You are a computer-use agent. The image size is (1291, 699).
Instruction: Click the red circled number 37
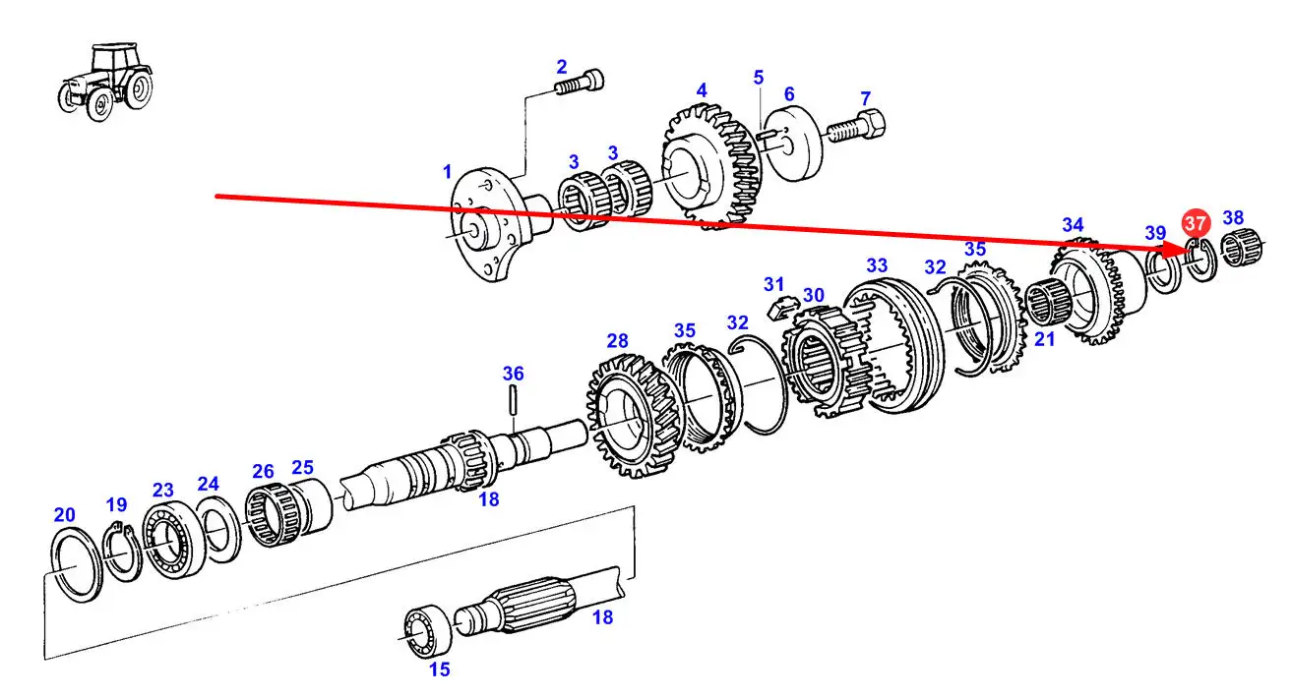click(x=1195, y=223)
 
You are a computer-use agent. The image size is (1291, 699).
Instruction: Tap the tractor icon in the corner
click(x=105, y=82)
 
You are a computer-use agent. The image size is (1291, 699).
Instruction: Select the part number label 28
click(x=617, y=341)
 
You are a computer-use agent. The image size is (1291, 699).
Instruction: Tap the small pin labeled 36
click(x=513, y=399)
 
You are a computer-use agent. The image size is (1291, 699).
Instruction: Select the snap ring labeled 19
click(x=122, y=550)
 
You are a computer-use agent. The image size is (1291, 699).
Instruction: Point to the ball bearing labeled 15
click(x=427, y=631)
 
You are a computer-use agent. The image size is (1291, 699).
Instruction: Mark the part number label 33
click(x=877, y=265)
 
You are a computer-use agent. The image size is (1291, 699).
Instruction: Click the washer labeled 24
click(x=218, y=530)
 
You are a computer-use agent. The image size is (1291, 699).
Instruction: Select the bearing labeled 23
click(x=172, y=539)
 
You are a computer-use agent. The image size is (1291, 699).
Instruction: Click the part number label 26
click(x=263, y=472)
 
